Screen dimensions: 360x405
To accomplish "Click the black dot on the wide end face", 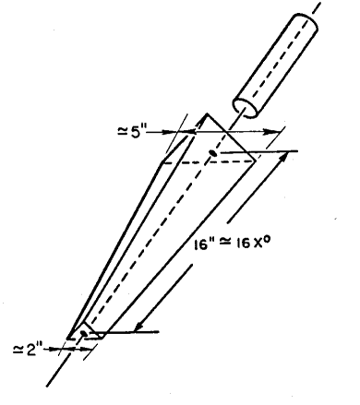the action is (x=213, y=151).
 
